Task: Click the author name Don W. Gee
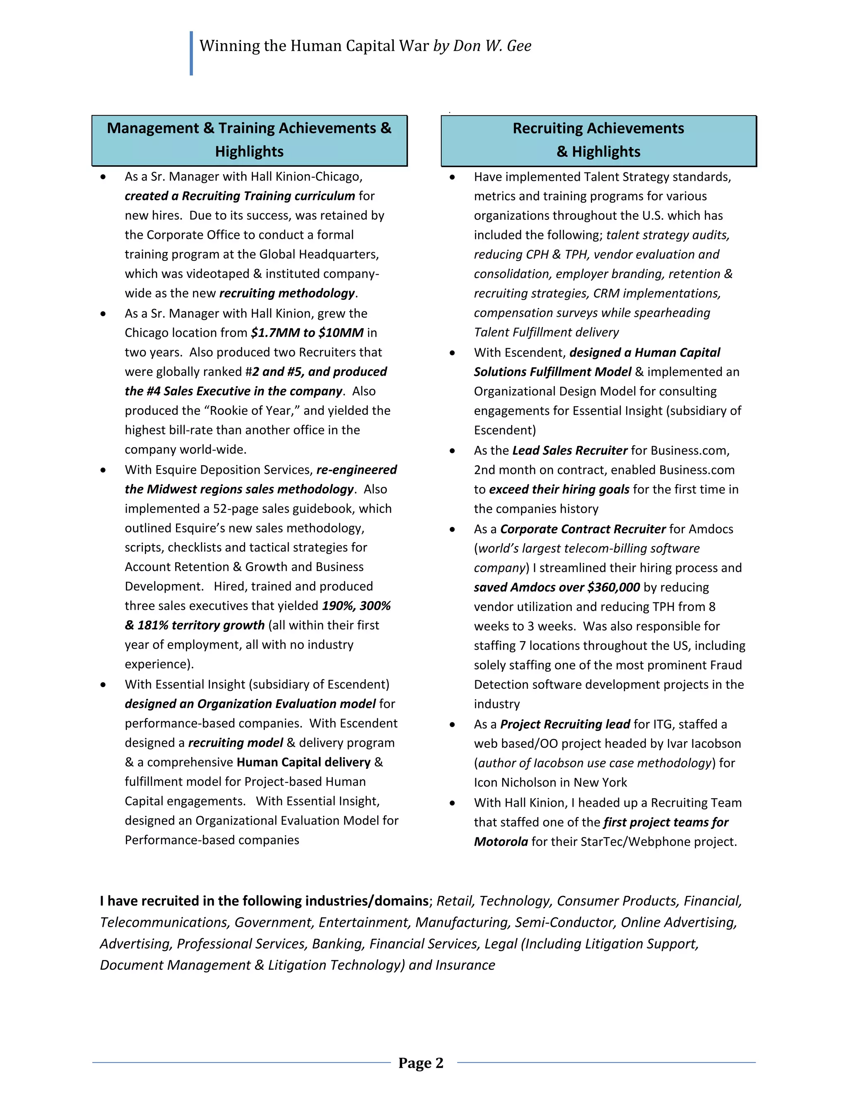(x=492, y=46)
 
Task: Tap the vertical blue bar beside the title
(x=191, y=53)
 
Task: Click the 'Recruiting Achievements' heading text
(x=598, y=128)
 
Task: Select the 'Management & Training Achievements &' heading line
(x=249, y=128)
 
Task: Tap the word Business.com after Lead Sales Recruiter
(x=690, y=450)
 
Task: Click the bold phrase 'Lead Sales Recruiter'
(x=570, y=450)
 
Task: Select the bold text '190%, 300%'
(x=356, y=606)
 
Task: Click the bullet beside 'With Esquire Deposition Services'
(x=103, y=470)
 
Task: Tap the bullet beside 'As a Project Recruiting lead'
(x=452, y=724)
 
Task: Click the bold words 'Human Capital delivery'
(x=304, y=762)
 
